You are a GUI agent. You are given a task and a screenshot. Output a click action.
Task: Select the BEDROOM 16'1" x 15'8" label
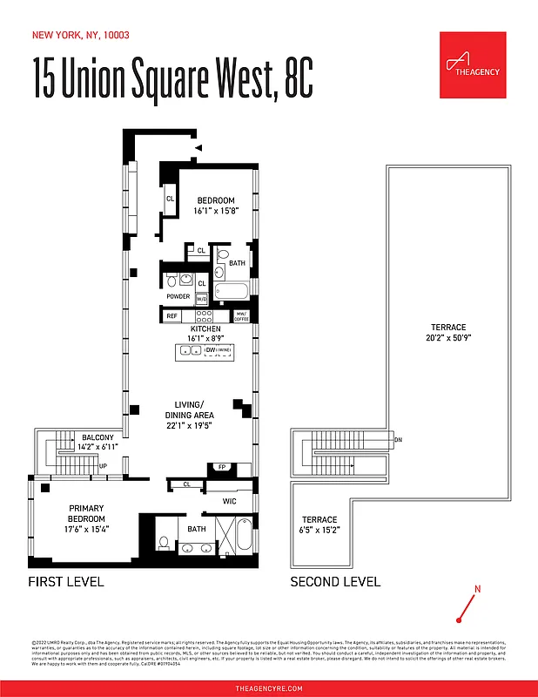215,206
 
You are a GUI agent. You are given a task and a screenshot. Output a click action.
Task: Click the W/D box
201,298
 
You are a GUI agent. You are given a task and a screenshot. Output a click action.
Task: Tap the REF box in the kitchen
172,315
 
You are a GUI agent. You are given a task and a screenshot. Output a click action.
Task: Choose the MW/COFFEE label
241,316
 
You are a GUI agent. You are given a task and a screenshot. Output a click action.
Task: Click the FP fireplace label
221,467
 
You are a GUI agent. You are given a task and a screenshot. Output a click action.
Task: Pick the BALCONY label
98,442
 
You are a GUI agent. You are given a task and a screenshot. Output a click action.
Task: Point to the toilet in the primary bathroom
164,543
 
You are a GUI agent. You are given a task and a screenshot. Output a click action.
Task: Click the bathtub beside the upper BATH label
232,290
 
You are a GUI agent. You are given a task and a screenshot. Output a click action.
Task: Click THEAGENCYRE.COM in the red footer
269,688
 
